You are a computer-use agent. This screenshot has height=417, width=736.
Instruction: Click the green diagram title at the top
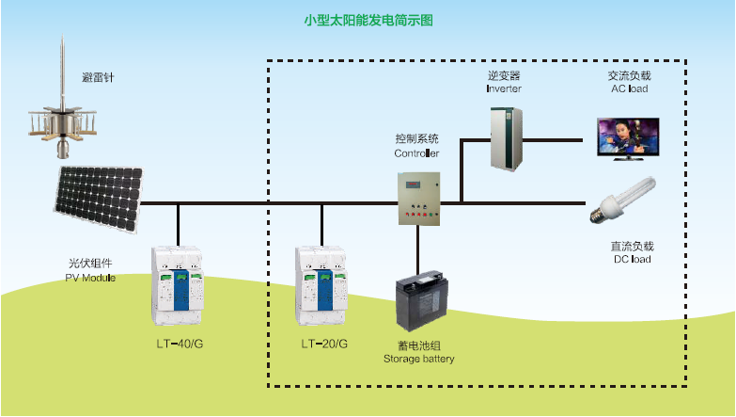pyautogui.click(x=368, y=20)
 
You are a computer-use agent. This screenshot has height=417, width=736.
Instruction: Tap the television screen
pyautogui.click(x=628, y=138)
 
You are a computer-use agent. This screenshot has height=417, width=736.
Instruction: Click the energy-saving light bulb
pyautogui.click(x=620, y=199)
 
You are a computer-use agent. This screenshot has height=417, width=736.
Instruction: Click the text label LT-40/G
pyautogui.click(x=180, y=345)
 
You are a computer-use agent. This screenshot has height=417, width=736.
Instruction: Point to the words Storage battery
pyautogui.click(x=419, y=359)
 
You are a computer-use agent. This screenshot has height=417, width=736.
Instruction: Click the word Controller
pyautogui.click(x=416, y=153)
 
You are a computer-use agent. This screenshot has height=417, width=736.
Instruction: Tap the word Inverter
pyautogui.click(x=504, y=88)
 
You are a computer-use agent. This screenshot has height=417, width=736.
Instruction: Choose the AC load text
pyautogui.click(x=629, y=88)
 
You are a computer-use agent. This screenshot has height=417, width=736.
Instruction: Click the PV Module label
pyautogui.click(x=90, y=278)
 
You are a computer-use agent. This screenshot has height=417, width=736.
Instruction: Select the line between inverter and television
pyautogui.click(x=555, y=138)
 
